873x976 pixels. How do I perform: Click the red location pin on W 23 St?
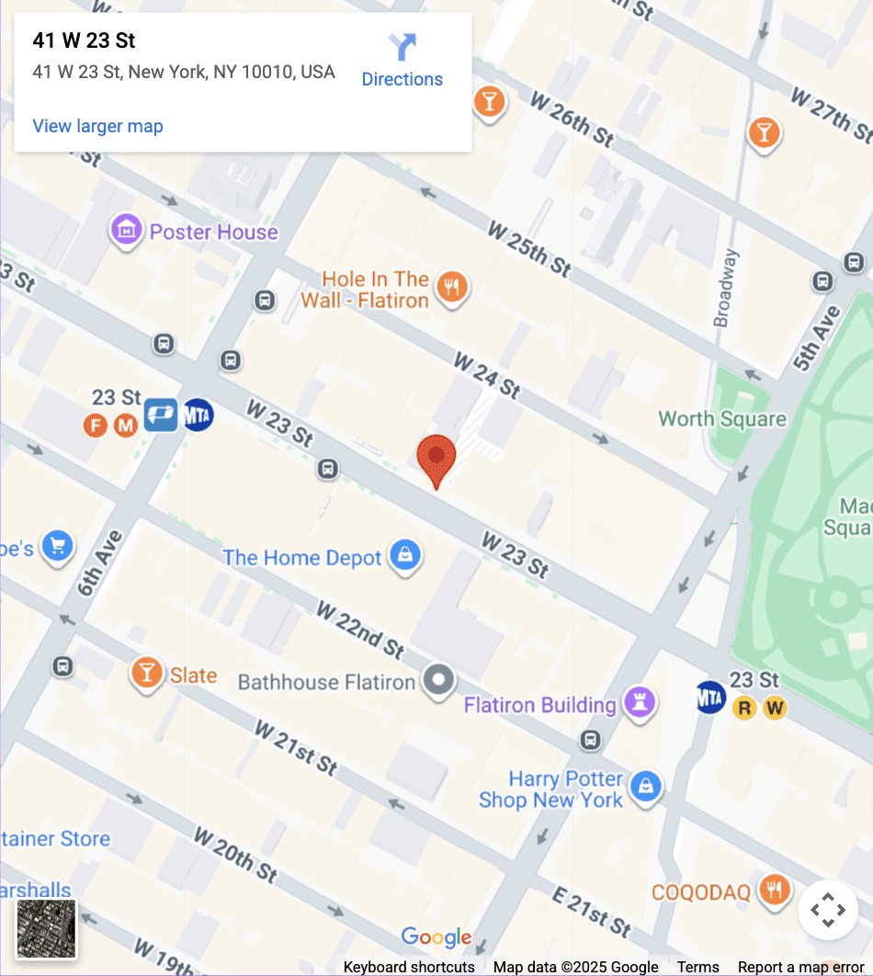(x=436, y=457)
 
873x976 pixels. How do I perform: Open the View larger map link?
(x=97, y=126)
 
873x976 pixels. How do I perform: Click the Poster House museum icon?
(x=127, y=230)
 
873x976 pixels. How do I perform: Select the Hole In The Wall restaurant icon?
(x=450, y=289)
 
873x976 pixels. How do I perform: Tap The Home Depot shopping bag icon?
(x=404, y=556)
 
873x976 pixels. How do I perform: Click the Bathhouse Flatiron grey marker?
(x=438, y=681)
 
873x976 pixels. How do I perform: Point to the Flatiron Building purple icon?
(x=640, y=703)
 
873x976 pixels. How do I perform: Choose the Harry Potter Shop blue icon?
(x=646, y=788)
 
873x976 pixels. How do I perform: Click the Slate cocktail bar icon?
(x=146, y=674)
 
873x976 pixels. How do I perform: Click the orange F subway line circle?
(x=95, y=425)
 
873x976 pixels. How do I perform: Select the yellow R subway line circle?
(x=744, y=708)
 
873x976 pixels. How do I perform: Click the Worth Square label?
(x=722, y=419)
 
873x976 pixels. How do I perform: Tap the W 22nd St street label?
(x=359, y=630)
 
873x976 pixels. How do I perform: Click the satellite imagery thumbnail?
(x=47, y=928)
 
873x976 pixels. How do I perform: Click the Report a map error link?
(x=801, y=967)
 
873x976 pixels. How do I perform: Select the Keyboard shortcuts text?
(x=409, y=967)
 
